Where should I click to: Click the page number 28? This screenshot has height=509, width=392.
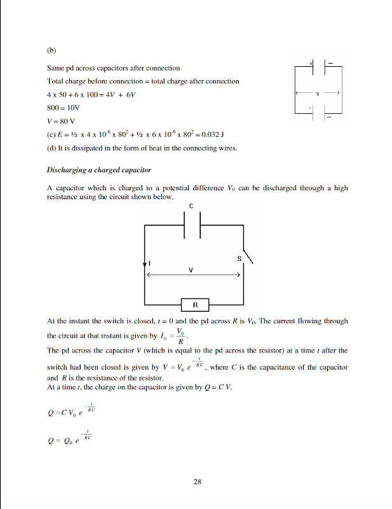click(x=197, y=481)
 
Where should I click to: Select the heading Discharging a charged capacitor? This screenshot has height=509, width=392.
click(x=98, y=170)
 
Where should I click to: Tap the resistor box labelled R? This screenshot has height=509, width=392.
click(x=196, y=305)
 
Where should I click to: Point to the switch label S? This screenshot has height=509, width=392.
click(x=239, y=258)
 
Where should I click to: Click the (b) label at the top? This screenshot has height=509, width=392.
click(x=51, y=48)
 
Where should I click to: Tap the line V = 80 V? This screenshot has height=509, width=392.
click(x=61, y=122)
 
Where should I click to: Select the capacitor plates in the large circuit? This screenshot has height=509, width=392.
click(x=192, y=225)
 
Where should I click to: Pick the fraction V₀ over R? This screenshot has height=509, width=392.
click(x=181, y=335)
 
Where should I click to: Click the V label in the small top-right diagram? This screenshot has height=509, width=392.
click(x=318, y=93)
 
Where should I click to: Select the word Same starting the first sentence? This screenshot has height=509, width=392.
click(x=56, y=68)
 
